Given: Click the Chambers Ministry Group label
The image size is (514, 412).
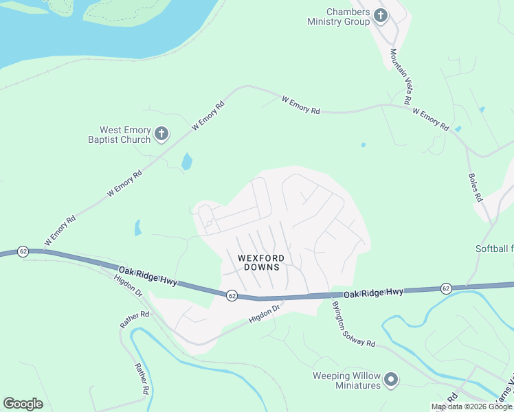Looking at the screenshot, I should coord(339,17).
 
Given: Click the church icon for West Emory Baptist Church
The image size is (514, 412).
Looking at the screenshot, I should coord(161,134).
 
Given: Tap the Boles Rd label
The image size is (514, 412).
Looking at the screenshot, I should coord(476,186).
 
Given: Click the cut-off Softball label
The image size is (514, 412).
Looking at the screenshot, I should coord(494,249).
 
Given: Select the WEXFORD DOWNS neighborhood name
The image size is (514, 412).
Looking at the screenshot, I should coord(260,262).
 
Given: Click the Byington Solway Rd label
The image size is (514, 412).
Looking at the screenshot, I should coord(353,324).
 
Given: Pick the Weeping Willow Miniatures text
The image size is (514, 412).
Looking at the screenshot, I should coord(346,380).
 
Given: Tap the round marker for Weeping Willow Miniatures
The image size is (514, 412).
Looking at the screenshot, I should coord(391,379).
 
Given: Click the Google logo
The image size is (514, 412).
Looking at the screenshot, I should coord(23,404).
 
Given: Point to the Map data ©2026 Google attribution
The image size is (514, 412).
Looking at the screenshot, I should coord(471,407).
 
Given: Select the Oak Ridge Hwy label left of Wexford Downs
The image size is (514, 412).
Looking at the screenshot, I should coord(147,276).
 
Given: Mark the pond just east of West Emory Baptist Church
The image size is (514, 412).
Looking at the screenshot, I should coord(186,162).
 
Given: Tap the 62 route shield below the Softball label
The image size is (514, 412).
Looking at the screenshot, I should coord(446,288).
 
